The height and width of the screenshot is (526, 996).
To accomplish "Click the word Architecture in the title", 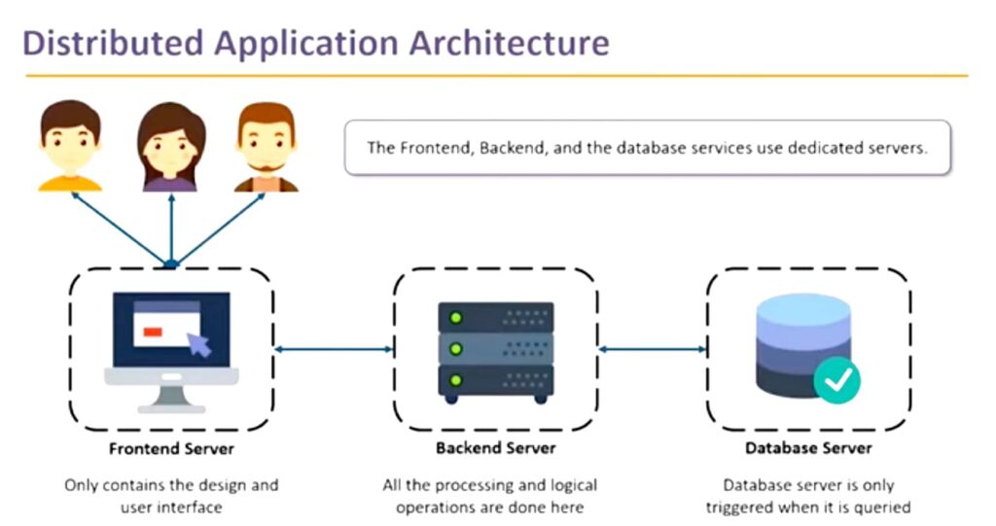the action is pyautogui.click(x=509, y=43).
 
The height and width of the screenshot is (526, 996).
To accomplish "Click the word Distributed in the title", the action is pyautogui.click(x=113, y=43).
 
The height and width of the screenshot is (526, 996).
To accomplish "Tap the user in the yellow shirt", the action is pyautogui.click(x=70, y=146).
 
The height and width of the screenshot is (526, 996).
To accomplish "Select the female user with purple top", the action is pyautogui.click(x=171, y=147).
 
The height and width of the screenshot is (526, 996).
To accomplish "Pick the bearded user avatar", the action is pyautogui.click(x=267, y=147).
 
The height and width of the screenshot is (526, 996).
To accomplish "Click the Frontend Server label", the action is pyautogui.click(x=171, y=448).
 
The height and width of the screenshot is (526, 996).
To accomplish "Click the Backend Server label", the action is pyautogui.click(x=495, y=448).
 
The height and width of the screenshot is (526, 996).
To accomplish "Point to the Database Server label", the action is pyautogui.click(x=808, y=448).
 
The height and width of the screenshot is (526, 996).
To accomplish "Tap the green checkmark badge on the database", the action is pyautogui.click(x=837, y=380).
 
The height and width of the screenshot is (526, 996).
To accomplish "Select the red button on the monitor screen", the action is pyautogui.click(x=153, y=332).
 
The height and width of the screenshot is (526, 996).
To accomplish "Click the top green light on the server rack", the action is pyautogui.click(x=455, y=317).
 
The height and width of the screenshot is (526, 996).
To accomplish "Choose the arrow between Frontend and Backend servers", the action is pyautogui.click(x=335, y=349).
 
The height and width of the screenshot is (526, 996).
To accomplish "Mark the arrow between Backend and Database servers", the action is pyautogui.click(x=653, y=349).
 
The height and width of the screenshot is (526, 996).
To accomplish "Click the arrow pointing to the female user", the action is pyautogui.click(x=171, y=228).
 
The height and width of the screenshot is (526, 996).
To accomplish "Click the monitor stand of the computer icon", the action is pyautogui.click(x=171, y=400).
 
